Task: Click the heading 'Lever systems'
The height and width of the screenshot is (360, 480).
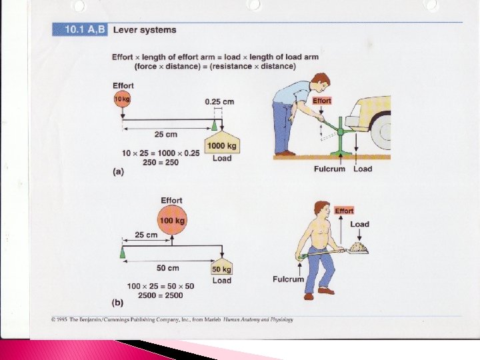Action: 145,29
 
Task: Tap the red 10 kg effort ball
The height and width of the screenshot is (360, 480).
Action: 121,99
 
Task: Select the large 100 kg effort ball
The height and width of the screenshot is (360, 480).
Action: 171,220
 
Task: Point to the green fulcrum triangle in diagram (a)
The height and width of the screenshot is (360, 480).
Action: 214,125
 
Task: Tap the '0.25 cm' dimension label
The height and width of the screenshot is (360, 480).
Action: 219,101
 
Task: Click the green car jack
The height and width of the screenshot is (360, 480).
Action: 340,137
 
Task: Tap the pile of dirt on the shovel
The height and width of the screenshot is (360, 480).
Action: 358,247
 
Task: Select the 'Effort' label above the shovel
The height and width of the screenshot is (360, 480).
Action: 344,211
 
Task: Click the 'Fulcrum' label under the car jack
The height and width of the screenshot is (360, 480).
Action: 329,169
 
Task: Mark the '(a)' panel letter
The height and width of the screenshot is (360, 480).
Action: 118,171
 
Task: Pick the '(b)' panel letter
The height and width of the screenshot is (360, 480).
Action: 118,302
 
